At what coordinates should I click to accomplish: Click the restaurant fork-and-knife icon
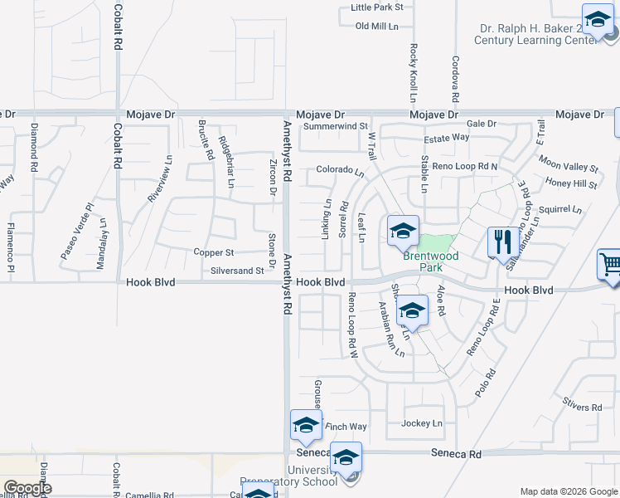(x=499, y=242)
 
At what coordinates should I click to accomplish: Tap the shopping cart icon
(x=610, y=266)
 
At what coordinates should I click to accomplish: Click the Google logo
(x=27, y=487)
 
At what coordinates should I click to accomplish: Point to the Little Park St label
(x=376, y=7)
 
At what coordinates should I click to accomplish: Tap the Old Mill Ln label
(x=377, y=27)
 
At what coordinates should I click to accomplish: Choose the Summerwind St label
(x=335, y=126)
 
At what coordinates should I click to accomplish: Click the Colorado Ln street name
(x=340, y=173)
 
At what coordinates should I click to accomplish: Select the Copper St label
(x=214, y=252)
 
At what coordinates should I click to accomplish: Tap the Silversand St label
(x=237, y=271)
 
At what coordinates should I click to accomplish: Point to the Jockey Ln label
(x=422, y=423)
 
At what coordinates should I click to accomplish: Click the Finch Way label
(x=346, y=427)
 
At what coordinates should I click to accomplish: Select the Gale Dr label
(x=481, y=124)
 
